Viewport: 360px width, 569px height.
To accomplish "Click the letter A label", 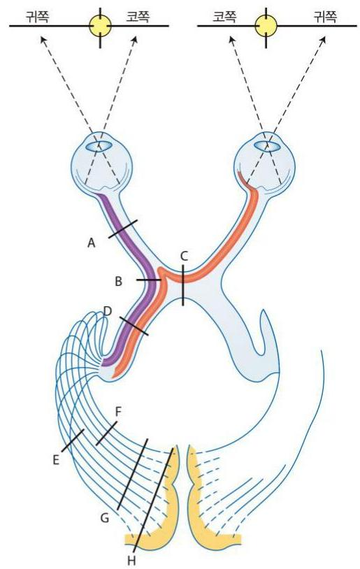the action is coord(92,243).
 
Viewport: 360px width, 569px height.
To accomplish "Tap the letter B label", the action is coord(118,281).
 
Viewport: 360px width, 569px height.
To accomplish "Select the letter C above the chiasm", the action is coord(184,257).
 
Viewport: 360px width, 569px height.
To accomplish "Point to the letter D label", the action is coord(108,310).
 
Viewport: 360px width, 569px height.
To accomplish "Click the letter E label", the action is coord(56,460).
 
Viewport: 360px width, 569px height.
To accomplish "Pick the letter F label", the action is coord(118,412).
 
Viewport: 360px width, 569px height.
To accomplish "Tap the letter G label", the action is coord(105,518).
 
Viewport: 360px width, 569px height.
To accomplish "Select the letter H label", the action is coord(131,561).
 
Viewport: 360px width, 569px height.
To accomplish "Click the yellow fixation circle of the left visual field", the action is coord(100,26).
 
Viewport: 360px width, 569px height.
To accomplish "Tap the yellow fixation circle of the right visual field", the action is coord(266,26).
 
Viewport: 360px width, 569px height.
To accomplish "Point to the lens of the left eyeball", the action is coord(99,146).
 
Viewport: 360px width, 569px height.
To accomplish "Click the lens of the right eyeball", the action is coord(267,146).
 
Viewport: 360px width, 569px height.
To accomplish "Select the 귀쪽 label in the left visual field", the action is coord(37,17).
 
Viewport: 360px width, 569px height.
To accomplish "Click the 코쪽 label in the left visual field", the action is coord(138,17).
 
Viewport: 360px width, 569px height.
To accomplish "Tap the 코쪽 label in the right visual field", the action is coord(224,17).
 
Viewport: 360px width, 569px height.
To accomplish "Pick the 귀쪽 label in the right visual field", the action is coord(325,17).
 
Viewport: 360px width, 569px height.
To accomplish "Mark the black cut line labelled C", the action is coord(183,285).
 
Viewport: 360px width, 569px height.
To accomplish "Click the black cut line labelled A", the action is coord(123,229).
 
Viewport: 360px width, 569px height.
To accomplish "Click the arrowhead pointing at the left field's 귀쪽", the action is coord(43,40).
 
